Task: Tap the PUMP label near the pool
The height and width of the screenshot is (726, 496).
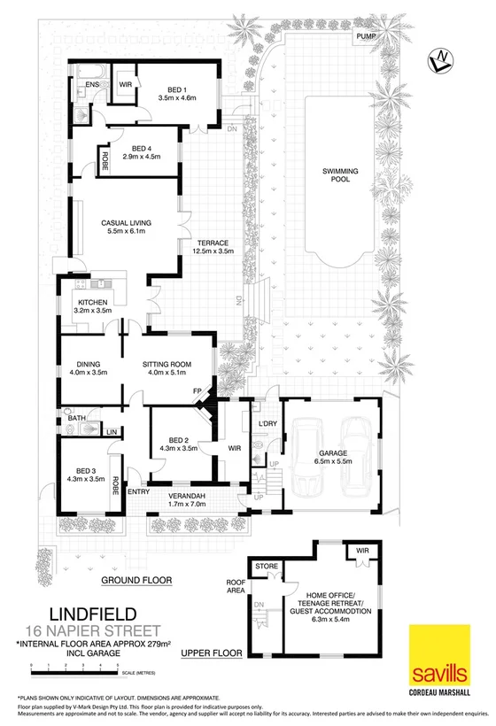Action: tap(365, 36)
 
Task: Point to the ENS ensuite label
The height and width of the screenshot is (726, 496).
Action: tap(92, 84)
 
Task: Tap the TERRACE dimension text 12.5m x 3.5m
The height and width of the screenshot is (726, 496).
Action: tap(213, 252)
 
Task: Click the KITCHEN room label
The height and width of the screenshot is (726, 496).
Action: tap(91, 301)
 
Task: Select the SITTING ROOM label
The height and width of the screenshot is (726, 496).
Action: tap(167, 363)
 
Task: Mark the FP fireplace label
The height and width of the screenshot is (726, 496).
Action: tap(198, 390)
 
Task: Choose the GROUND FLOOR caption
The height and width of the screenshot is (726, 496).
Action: tap(136, 581)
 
